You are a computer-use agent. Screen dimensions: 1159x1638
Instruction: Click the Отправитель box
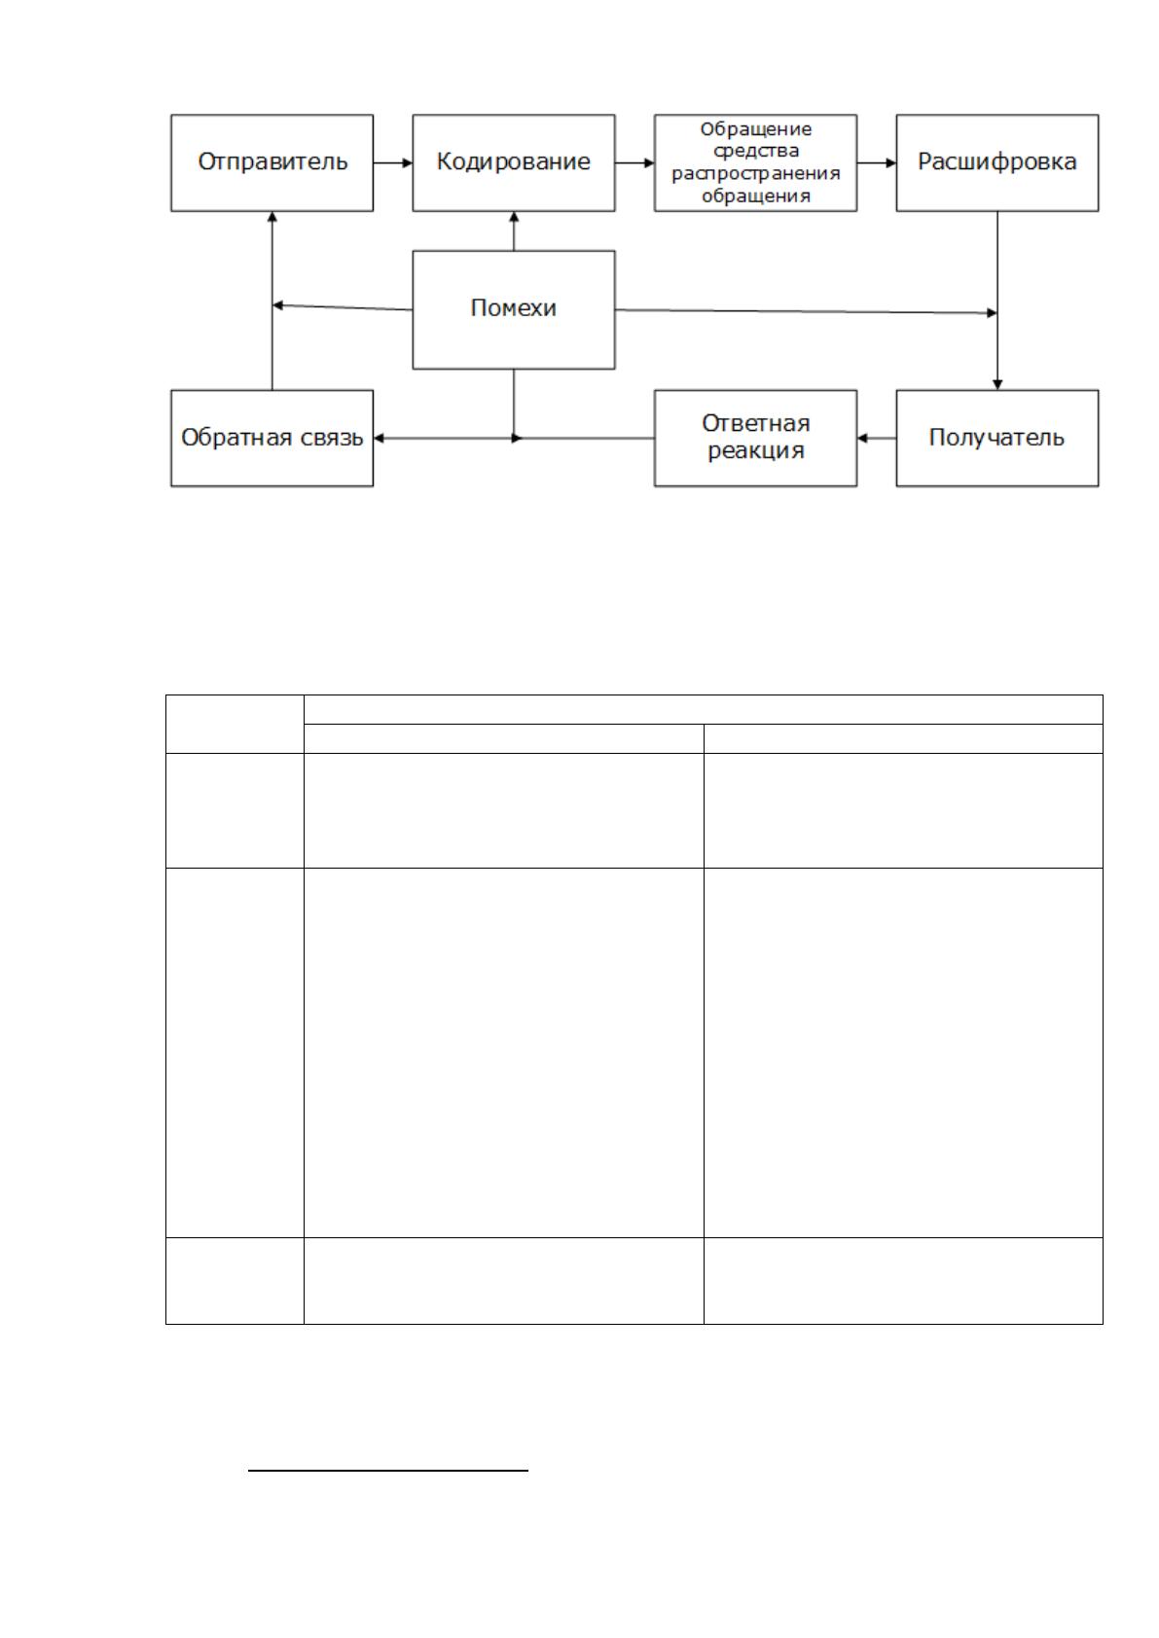pyautogui.click(x=272, y=162)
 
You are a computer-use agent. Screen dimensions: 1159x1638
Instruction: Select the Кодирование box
pyautogui.click(x=514, y=162)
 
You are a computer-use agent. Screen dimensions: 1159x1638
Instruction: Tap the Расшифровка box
pyautogui.click(x=997, y=162)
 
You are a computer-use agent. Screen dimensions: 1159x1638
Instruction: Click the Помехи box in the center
pyautogui.click(x=514, y=309)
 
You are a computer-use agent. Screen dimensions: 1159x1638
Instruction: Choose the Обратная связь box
pyautogui.click(x=272, y=438)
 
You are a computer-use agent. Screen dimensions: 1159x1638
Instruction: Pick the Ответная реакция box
pyautogui.click(x=756, y=438)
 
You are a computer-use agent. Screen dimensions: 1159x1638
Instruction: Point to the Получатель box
pyautogui.click(x=997, y=438)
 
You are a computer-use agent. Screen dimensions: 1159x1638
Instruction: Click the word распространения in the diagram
pyautogui.click(x=756, y=174)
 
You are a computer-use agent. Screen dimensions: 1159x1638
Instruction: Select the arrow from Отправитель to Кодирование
pyautogui.click(x=393, y=162)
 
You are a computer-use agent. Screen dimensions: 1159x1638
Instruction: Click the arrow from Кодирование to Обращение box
pyautogui.click(x=634, y=162)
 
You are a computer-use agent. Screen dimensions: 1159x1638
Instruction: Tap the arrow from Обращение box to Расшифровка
pyautogui.click(x=877, y=162)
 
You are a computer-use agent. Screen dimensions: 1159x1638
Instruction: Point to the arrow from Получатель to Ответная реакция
pyautogui.click(x=877, y=438)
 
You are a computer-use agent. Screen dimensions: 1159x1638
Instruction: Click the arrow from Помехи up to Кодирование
pyautogui.click(x=514, y=231)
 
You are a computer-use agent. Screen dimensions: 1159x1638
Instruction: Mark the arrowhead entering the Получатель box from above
pyautogui.click(x=997, y=384)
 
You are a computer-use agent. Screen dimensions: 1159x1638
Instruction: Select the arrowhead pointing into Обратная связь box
pyautogui.click(x=379, y=438)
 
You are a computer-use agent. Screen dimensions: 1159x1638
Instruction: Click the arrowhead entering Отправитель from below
pyautogui.click(x=272, y=217)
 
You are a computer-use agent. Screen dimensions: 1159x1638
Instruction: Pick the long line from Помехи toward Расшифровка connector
pyautogui.click(x=806, y=311)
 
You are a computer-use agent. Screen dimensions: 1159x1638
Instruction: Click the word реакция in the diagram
pyautogui.click(x=756, y=451)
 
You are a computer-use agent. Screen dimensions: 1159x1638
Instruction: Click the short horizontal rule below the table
pyautogui.click(x=388, y=1470)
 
